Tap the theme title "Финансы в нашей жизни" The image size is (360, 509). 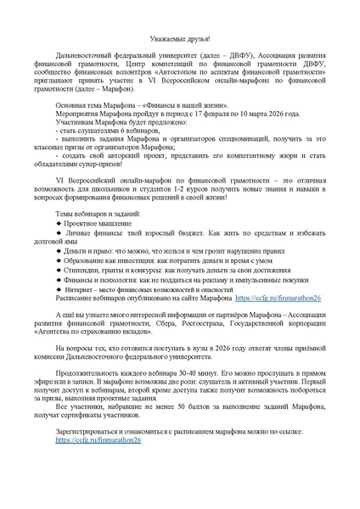162,123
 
